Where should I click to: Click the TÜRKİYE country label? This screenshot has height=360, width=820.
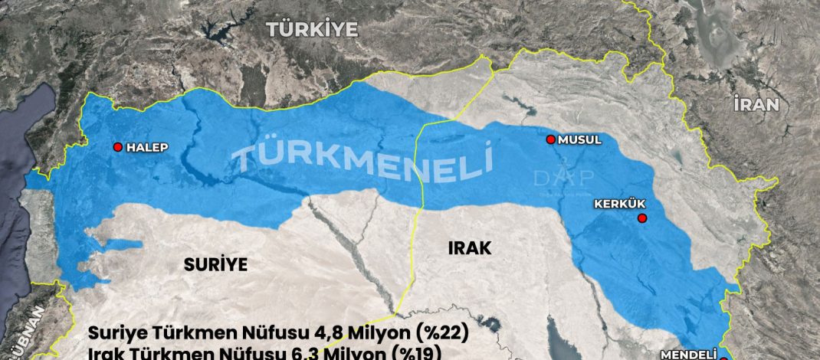pyautogui.click(x=312, y=30)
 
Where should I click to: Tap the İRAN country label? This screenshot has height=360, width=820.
pyautogui.click(x=756, y=105)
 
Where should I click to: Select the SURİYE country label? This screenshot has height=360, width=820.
pyautogui.click(x=216, y=265)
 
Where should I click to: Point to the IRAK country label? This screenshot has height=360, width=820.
pyautogui.click(x=468, y=247)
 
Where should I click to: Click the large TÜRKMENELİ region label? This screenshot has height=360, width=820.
pyautogui.click(x=361, y=159)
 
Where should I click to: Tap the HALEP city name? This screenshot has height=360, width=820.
pyautogui.click(x=146, y=147)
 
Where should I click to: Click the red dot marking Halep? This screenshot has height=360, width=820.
pyautogui.click(x=118, y=147)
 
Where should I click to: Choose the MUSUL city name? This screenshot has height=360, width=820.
pyautogui.click(x=580, y=139)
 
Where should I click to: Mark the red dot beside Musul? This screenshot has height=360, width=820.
pyautogui.click(x=550, y=139)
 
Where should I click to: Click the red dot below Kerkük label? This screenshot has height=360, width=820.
pyautogui.click(x=642, y=218)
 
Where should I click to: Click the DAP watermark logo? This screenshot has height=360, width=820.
pyautogui.click(x=563, y=178)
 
